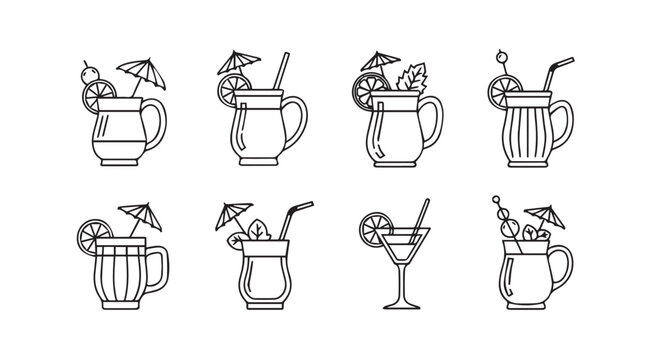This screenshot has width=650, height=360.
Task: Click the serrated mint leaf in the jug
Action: (411, 79)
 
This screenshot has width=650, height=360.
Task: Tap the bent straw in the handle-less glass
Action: (293, 219)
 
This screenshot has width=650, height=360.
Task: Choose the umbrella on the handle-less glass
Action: (237, 212)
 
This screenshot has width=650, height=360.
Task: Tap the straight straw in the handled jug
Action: (281, 72)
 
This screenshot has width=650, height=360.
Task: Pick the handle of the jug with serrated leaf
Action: (431, 119)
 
